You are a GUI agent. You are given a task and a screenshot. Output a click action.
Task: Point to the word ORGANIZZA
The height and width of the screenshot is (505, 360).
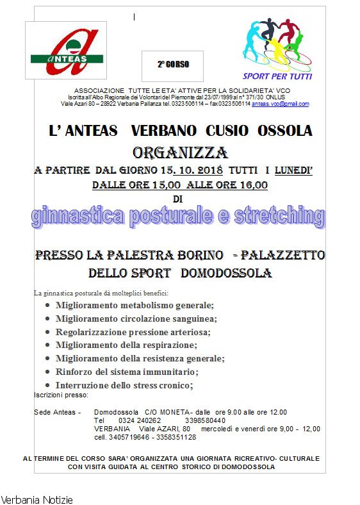click(x=180, y=153)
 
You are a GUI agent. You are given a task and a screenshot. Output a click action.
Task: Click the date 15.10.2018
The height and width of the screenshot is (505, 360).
click(x=195, y=170)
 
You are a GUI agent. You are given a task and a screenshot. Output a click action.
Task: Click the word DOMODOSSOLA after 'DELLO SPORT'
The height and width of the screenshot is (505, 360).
click(x=227, y=273)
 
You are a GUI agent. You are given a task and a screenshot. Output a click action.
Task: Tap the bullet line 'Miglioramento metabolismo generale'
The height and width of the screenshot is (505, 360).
click(x=135, y=306)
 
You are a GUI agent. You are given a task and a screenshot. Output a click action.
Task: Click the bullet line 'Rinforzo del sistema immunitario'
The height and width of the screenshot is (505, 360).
click(x=127, y=372)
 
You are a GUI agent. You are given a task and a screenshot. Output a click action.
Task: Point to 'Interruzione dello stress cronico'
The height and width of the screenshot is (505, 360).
click(x=124, y=385)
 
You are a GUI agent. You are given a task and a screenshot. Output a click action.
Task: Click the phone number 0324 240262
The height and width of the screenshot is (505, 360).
click(x=140, y=420)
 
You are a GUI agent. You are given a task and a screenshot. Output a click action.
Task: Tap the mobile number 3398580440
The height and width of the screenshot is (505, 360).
click(x=206, y=420)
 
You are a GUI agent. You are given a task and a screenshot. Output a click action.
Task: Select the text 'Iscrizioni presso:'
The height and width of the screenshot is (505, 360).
click(x=56, y=395)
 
